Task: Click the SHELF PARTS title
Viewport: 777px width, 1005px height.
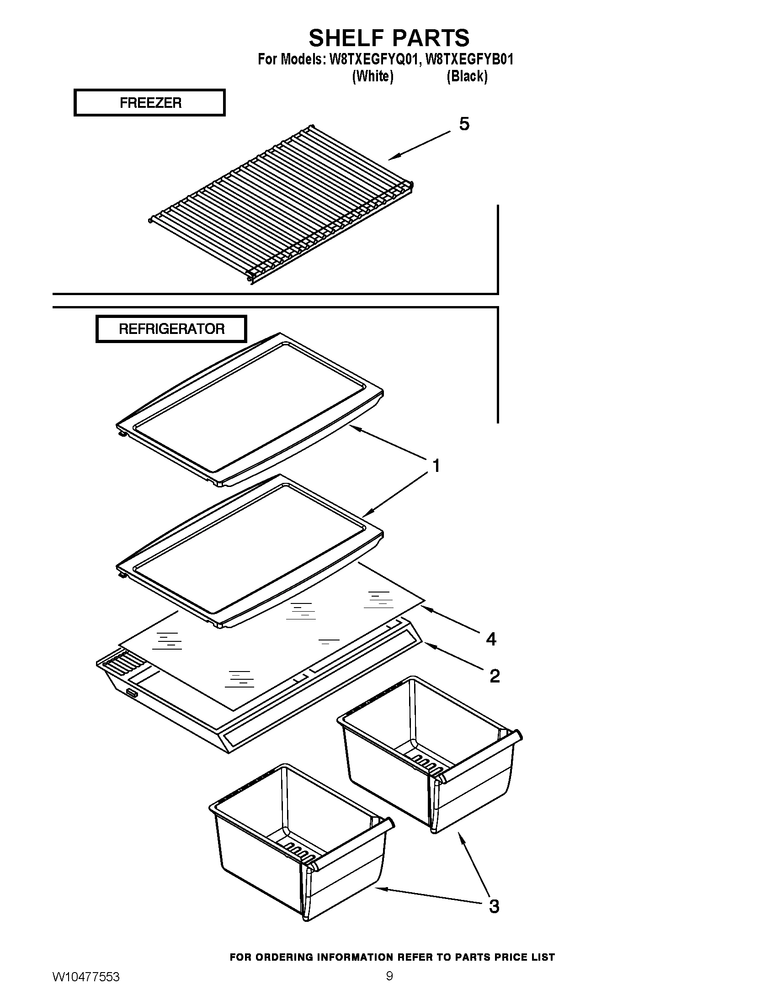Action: (x=389, y=38)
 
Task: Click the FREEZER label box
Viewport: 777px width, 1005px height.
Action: (x=149, y=103)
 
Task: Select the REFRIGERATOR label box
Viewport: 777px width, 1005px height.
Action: (x=171, y=329)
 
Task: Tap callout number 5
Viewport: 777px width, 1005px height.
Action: (x=464, y=124)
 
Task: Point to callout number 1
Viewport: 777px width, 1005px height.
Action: (x=436, y=466)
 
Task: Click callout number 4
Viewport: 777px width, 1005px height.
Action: (x=491, y=639)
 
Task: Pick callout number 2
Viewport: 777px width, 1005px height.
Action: (x=495, y=676)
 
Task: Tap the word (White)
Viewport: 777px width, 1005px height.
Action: (x=373, y=76)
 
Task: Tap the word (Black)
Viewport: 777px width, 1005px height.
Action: (x=467, y=76)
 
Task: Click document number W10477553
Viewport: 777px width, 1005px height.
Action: (x=86, y=977)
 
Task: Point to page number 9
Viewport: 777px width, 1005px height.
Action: (x=389, y=976)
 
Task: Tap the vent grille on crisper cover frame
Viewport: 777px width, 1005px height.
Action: (x=119, y=663)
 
